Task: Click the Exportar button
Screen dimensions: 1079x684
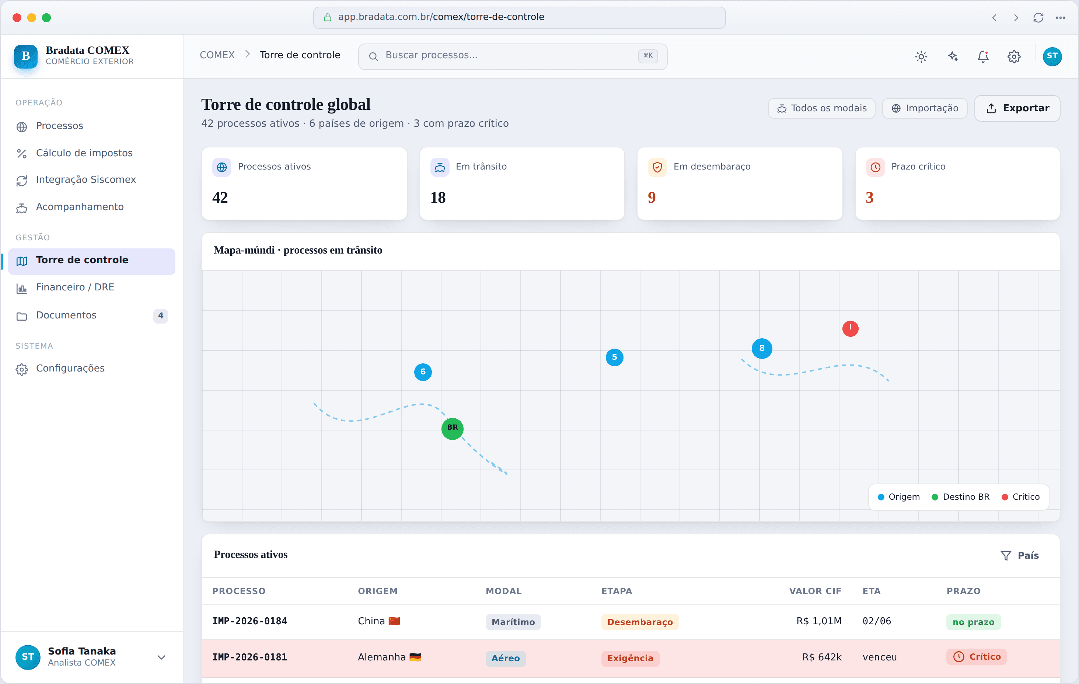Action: click(1017, 108)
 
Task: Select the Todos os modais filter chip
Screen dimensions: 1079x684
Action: click(821, 108)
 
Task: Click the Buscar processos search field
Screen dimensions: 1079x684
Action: click(513, 56)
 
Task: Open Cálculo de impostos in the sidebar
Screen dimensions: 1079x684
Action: click(84, 153)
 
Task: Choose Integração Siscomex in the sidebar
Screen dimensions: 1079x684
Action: click(85, 180)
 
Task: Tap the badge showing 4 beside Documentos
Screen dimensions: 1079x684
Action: click(160, 315)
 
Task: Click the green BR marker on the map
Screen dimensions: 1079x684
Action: click(453, 428)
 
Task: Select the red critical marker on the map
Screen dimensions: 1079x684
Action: click(850, 328)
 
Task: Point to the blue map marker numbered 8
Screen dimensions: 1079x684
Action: click(762, 348)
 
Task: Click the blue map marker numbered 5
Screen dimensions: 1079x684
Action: click(614, 357)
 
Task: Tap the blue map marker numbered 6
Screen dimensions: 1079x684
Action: click(423, 372)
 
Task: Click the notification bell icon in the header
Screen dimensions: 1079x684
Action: click(983, 56)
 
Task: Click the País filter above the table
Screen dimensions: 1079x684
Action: click(1019, 555)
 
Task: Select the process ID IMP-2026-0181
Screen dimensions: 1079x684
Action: click(249, 657)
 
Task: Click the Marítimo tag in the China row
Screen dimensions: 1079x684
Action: click(513, 622)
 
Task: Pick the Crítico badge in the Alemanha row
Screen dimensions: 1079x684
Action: click(977, 657)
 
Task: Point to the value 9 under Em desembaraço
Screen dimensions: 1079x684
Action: click(652, 198)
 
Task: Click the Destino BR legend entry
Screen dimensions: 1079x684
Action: click(960, 497)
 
